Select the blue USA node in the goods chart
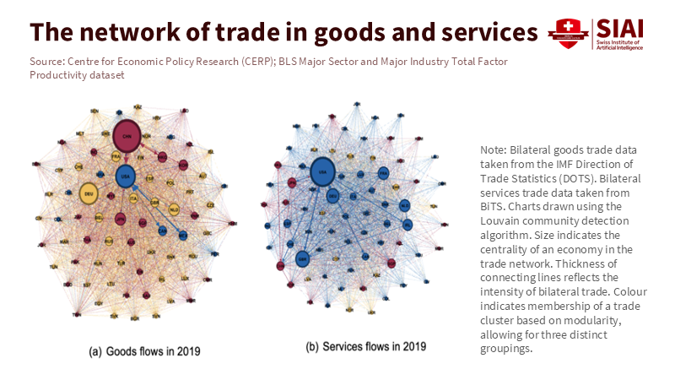pos(126,176)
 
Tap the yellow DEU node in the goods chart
pos(88,193)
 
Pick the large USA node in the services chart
pos(321,172)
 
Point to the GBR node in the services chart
pos(302,258)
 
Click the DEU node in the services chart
pos(333,196)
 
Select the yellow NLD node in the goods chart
pos(175,209)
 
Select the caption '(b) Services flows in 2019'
pos(365,346)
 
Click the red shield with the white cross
pos(563,33)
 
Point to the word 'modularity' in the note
pos(589,320)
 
